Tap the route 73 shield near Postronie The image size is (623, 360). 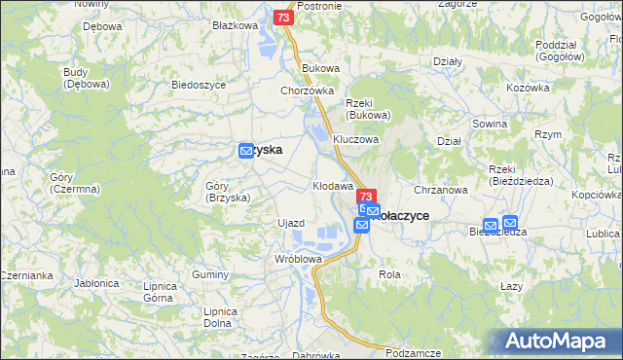282,18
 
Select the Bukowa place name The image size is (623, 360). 320,68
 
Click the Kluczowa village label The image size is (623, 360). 354,139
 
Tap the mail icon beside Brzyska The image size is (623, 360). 247,151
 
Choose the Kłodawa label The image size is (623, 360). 332,185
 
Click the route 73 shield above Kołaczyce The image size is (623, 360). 367,196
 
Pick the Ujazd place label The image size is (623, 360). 291,223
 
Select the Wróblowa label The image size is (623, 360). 298,259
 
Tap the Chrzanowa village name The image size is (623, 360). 442,190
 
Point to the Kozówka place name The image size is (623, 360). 528,88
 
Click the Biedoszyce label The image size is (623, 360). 198,85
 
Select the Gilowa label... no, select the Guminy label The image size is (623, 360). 209,275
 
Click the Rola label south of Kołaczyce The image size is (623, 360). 389,274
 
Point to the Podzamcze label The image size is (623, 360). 414,352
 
